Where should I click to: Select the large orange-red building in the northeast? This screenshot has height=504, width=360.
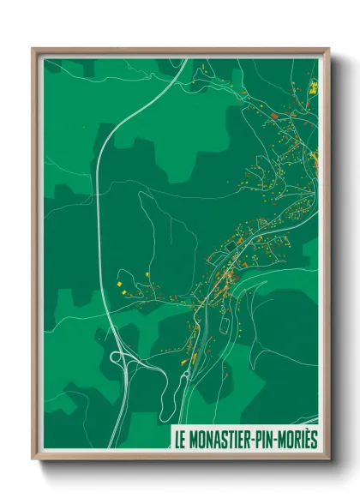[x=273, y=115]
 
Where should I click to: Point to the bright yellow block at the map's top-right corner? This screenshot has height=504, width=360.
[x=314, y=86]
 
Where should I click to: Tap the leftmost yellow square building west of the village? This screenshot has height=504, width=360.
[x=119, y=281]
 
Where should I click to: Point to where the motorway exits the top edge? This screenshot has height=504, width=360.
[x=183, y=60]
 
